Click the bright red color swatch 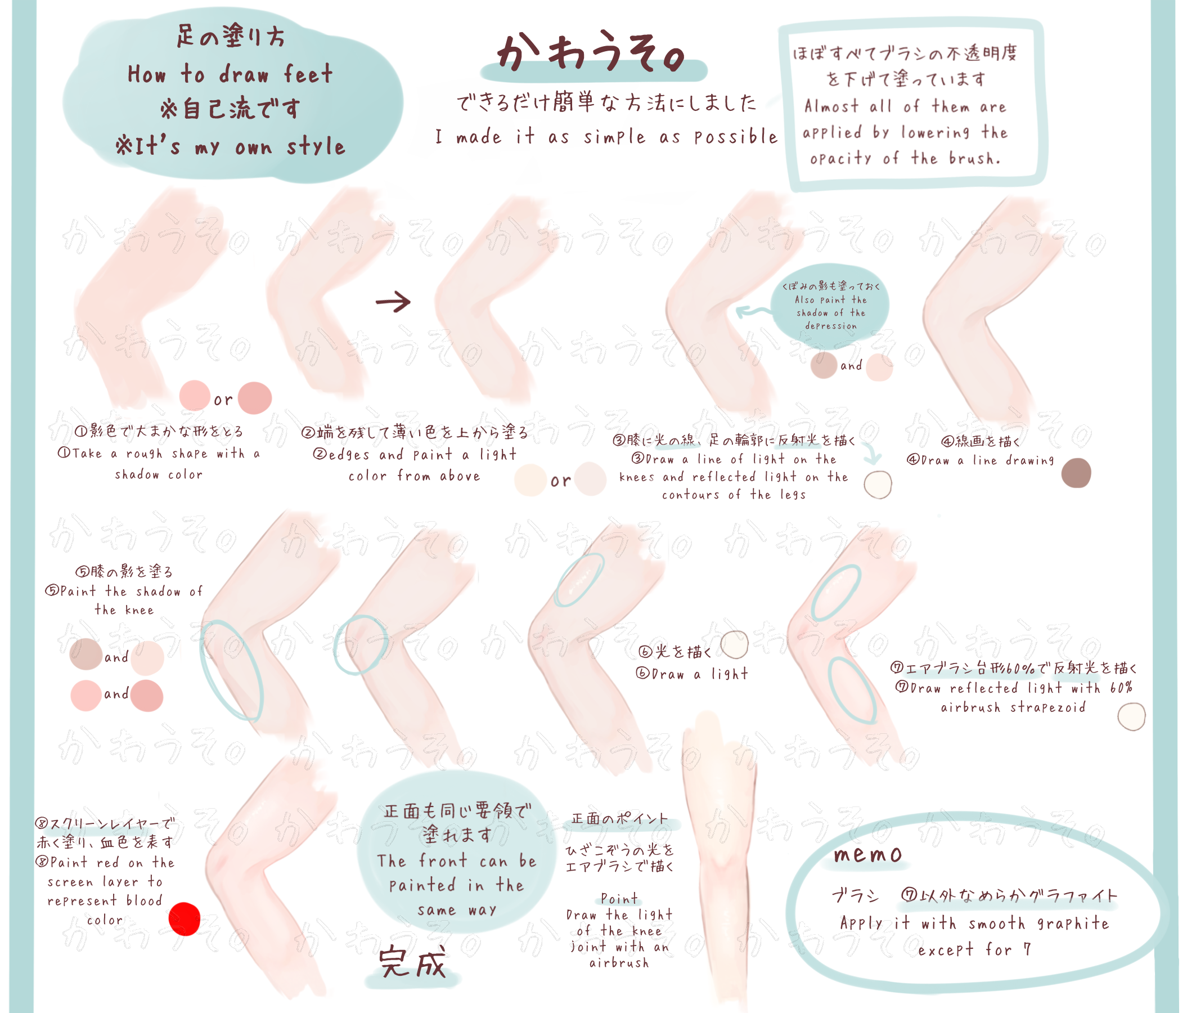pyautogui.click(x=185, y=919)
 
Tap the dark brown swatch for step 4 pyautogui.click(x=1076, y=473)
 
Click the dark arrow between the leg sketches pyautogui.click(x=393, y=302)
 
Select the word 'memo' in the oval pyautogui.click(x=868, y=854)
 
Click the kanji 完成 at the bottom pyautogui.click(x=412, y=962)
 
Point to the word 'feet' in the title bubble pyautogui.click(x=308, y=74)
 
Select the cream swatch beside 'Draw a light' pyautogui.click(x=735, y=645)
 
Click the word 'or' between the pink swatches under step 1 pyautogui.click(x=223, y=400)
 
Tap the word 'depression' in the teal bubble pyautogui.click(x=831, y=326)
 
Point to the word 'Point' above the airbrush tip pyautogui.click(x=619, y=898)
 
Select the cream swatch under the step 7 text pyautogui.click(x=1131, y=717)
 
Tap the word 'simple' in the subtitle pyautogui.click(x=615, y=137)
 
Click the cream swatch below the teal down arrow pyautogui.click(x=878, y=485)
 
